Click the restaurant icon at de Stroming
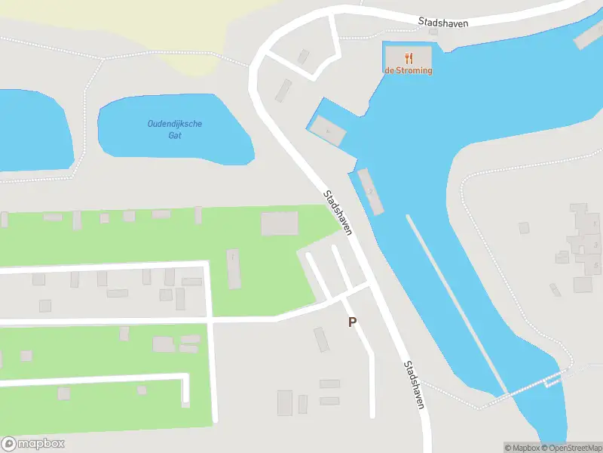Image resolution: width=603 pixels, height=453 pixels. [x=409, y=57]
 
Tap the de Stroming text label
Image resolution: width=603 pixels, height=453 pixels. [x=409, y=70]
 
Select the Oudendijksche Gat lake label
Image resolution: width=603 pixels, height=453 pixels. [x=175, y=129]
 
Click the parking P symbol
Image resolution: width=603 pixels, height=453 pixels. [x=352, y=322]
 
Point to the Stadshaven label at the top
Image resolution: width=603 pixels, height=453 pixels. [x=443, y=23]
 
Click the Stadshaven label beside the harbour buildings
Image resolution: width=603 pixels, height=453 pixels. [x=338, y=212]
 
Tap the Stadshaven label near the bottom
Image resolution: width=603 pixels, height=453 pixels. [x=414, y=384]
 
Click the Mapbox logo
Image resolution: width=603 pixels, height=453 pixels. [x=32, y=444]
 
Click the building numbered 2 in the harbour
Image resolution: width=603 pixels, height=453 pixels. [x=371, y=192]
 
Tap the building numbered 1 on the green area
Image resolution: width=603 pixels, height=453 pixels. [x=233, y=268]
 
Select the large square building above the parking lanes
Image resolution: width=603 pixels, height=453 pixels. [x=279, y=223]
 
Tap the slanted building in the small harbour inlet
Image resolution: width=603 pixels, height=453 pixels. [x=328, y=131]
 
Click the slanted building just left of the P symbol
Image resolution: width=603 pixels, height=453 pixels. [x=322, y=339]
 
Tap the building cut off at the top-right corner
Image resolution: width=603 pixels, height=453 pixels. [x=589, y=37]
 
